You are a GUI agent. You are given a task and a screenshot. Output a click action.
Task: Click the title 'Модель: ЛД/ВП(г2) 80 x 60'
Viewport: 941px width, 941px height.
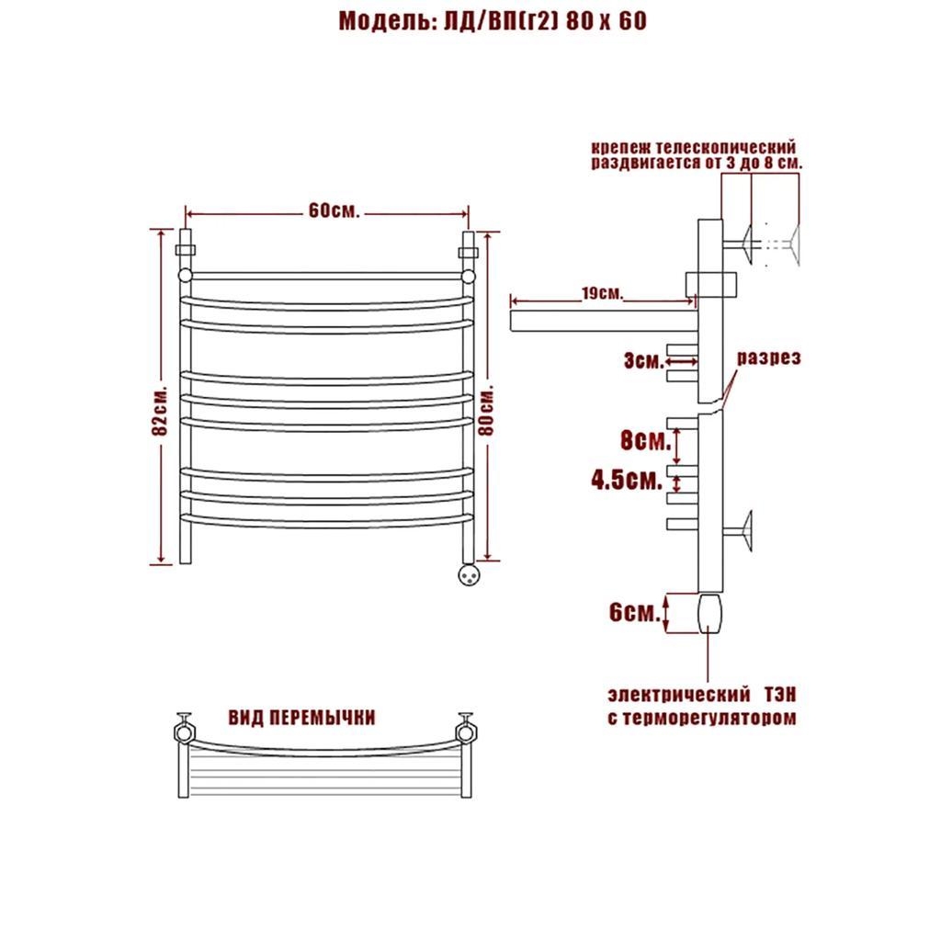493,21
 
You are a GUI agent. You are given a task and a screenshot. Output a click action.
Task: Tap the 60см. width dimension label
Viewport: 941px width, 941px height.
334,210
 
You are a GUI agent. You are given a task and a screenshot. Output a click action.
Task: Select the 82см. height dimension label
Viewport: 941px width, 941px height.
160,410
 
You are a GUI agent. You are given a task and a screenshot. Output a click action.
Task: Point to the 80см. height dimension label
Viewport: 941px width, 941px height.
487,410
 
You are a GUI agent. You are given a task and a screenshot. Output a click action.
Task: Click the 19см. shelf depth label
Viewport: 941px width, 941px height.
602,293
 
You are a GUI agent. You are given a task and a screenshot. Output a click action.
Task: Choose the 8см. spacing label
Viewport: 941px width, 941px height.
645,441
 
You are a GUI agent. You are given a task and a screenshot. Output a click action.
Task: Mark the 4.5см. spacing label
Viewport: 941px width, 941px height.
627,480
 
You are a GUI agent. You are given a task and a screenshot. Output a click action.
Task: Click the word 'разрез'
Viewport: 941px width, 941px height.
769,357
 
